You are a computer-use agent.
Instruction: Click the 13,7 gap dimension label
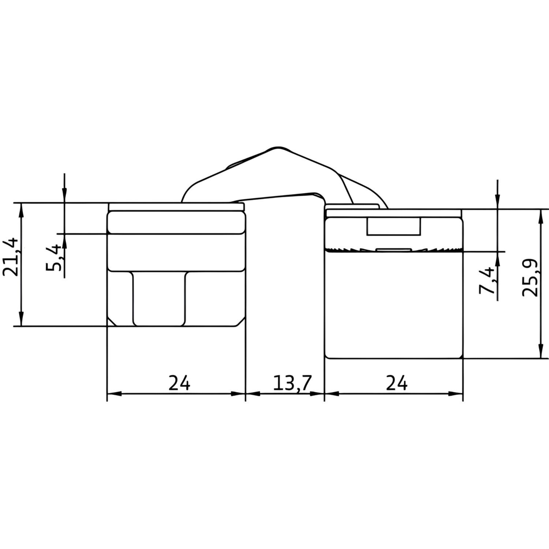click(x=292, y=383)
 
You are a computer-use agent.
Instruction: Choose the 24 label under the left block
click(x=179, y=383)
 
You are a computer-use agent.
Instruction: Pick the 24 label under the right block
click(x=397, y=383)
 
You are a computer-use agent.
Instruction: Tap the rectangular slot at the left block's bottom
click(x=159, y=298)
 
